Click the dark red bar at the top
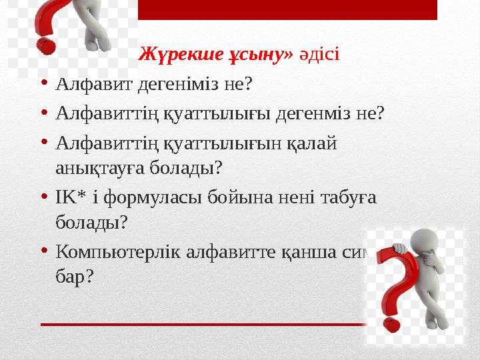coord(287,9)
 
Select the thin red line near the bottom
coord(200,324)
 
